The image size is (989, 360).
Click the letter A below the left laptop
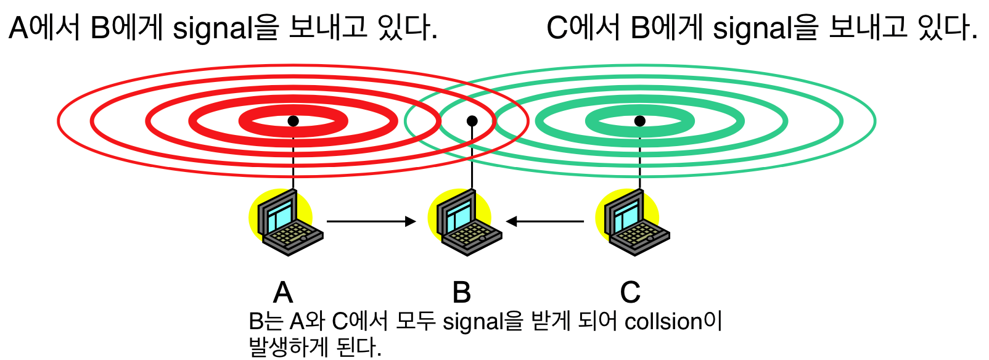point(283,292)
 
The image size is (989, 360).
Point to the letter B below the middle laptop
point(461,292)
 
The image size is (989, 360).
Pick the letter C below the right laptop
point(630,292)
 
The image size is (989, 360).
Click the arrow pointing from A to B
point(371,221)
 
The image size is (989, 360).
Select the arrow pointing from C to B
point(545,221)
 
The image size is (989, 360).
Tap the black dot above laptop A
point(293,121)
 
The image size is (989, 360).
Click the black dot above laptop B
point(472,121)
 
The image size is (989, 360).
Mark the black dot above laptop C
point(640,121)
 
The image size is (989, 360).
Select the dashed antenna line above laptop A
point(293,157)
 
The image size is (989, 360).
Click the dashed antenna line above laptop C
point(640,157)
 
